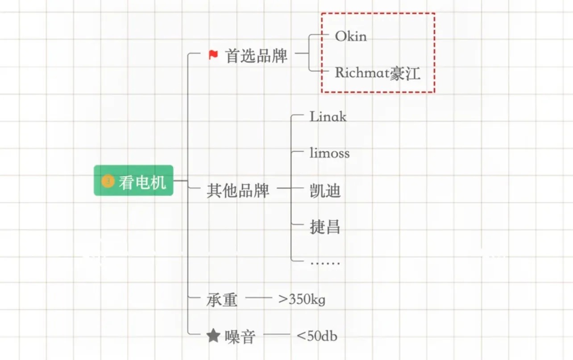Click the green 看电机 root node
pos(133,181)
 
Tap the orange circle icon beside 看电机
pos(108,181)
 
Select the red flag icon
pos(213,55)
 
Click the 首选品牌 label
pos(256,56)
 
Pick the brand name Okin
pos(351,36)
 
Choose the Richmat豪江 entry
pos(378,73)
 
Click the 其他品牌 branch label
pos(238,190)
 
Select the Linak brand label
pos(328,117)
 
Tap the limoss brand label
pos(329,153)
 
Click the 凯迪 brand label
pos(325,190)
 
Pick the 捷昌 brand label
pos(325,227)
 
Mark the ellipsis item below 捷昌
pos(325,263)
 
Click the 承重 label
pos(222,300)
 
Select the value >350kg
pos(302,299)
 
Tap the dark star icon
pos(214,336)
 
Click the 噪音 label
pos(240,337)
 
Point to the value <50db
pos(317,335)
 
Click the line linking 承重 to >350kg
pos(259,298)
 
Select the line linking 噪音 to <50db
pos(277,334)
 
